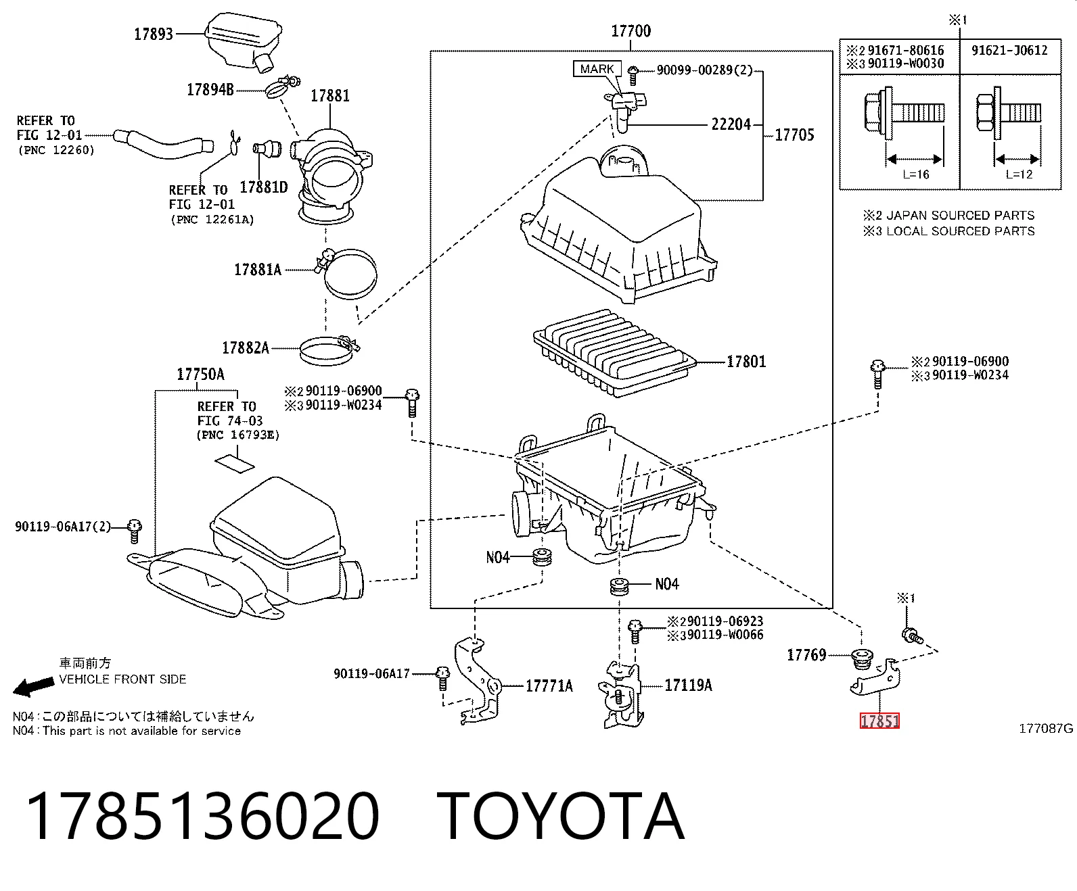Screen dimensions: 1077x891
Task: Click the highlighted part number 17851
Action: tap(879, 721)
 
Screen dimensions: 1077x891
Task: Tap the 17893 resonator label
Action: tap(153, 34)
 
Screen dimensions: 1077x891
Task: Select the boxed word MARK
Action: tap(597, 68)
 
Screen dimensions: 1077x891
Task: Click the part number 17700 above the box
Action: tap(631, 31)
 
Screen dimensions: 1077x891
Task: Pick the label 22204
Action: tap(731, 124)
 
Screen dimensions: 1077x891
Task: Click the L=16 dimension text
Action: tap(915, 174)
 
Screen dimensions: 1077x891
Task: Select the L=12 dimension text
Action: tap(1019, 174)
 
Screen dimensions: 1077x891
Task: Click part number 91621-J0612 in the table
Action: tap(1009, 50)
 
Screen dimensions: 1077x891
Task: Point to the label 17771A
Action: tap(549, 685)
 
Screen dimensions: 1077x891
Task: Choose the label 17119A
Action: tap(688, 685)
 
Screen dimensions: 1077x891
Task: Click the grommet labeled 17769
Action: tap(861, 658)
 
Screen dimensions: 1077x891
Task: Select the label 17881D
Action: tap(264, 187)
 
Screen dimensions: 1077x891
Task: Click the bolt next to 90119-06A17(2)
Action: tap(134, 531)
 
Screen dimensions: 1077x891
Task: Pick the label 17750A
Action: tap(200, 375)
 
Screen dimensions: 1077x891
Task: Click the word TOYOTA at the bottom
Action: tap(560, 817)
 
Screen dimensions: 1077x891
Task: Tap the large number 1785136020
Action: tap(203, 817)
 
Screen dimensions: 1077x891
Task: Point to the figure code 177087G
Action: tap(1045, 728)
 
